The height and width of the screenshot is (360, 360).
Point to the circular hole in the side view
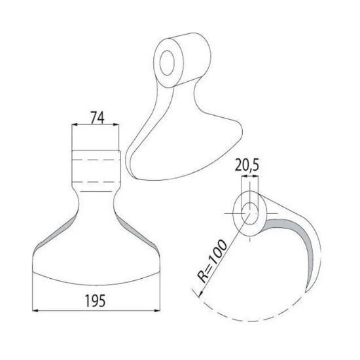(251, 211)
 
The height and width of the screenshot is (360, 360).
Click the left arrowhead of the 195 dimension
(36, 310)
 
